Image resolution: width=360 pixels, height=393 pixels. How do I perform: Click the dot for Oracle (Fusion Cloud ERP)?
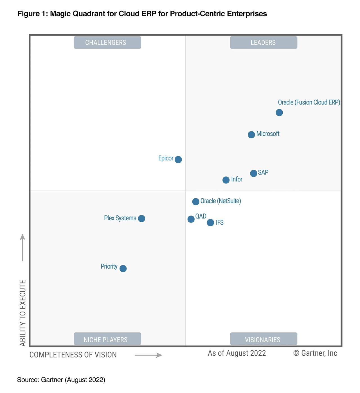pos(279,113)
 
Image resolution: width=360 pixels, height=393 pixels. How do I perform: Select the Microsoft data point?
pos(251,135)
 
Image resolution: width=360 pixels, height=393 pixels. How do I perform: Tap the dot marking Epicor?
pos(178,160)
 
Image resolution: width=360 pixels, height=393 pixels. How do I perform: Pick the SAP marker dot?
pos(254,173)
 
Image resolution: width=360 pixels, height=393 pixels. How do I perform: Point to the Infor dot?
pos(226,180)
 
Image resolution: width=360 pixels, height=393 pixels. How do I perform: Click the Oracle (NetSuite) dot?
pos(196,201)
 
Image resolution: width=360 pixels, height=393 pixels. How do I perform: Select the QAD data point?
pos(191,219)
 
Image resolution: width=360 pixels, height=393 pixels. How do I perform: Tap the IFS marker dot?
pos(210,223)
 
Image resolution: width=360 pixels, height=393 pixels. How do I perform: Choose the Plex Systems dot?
pos(142,219)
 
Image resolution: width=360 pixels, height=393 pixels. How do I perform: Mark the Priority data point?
pos(123,269)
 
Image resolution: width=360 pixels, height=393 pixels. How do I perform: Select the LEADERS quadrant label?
pos(264,43)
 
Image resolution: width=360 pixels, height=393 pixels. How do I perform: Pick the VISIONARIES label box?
pos(264,339)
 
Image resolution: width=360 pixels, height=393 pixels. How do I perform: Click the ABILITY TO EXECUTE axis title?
pos(23,313)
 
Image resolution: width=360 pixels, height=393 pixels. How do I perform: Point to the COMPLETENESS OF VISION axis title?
pos(73,355)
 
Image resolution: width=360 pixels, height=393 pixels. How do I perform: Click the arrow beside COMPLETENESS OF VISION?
pos(148,355)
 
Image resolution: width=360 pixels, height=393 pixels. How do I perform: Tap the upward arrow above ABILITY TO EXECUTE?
pos(22,247)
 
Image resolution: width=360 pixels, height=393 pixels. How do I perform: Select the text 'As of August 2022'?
pos(237,353)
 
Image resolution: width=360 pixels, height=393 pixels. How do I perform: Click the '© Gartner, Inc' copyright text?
pos(315,353)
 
